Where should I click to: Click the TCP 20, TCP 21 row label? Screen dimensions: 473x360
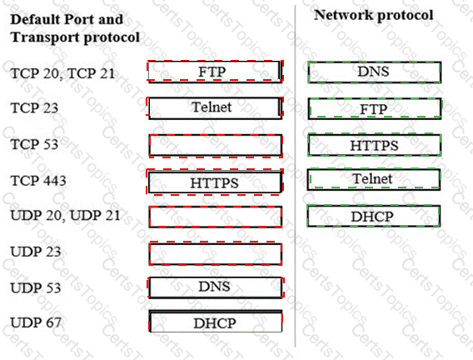(x=62, y=73)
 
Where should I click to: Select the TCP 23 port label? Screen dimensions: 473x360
(x=34, y=108)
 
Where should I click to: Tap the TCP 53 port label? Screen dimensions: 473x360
(x=34, y=144)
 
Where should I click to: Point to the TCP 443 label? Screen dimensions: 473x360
(x=38, y=181)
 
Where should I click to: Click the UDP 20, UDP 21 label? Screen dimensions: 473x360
(x=65, y=216)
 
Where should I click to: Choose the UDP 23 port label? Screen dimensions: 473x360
(x=36, y=252)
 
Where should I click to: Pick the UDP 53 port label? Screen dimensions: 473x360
(x=36, y=287)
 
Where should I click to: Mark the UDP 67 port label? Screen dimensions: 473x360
(x=36, y=322)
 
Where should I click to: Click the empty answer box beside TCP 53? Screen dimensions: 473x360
(x=216, y=146)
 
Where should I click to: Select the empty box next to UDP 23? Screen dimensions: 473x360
(x=216, y=253)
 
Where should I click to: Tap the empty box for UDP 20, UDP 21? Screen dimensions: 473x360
(x=216, y=217)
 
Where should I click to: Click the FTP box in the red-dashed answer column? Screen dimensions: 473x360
(x=215, y=72)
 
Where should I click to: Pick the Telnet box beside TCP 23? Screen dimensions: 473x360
(x=215, y=107)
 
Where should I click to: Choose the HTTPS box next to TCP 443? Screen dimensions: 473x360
(x=215, y=182)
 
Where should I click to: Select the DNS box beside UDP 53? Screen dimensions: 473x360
(x=216, y=287)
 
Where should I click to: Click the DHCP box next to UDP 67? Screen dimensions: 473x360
(x=216, y=322)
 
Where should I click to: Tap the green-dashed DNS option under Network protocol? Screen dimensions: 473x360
(x=375, y=72)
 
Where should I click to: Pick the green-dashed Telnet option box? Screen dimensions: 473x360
(x=374, y=179)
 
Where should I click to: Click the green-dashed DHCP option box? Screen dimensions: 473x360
(x=373, y=216)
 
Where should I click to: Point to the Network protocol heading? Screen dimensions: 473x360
(x=373, y=15)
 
